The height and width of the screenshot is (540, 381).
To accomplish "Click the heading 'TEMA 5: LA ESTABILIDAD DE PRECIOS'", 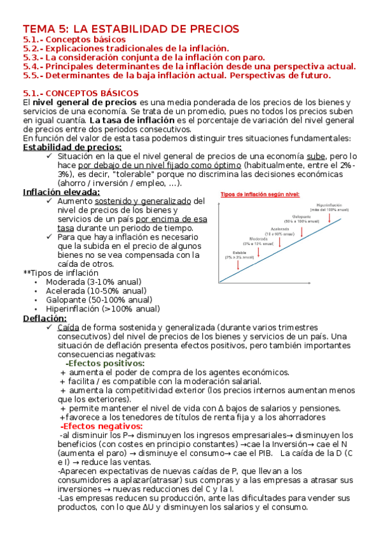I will pyautogui.click(x=131, y=29).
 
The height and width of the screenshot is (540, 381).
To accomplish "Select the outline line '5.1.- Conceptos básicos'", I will pyautogui.click(x=74, y=39).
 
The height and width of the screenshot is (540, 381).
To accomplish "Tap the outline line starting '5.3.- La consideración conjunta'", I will pyautogui.click(x=144, y=57).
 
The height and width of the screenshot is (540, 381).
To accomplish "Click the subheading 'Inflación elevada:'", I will pyautogui.click(x=61, y=192).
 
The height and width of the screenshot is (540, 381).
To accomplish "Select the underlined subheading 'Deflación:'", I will pyautogui.click(x=45, y=318).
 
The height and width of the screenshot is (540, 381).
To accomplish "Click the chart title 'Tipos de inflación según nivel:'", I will pyautogui.click(x=260, y=194).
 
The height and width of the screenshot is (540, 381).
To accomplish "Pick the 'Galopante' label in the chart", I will pyautogui.click(x=301, y=217).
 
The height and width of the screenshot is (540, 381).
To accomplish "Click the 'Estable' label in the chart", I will pyautogui.click(x=240, y=252).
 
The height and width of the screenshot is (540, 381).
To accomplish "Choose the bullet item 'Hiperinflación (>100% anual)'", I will pyautogui.click(x=102, y=309).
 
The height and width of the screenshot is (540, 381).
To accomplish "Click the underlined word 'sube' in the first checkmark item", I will pyautogui.click(x=315, y=156).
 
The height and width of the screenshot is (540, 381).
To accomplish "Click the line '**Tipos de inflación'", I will pyautogui.click(x=61, y=273).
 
